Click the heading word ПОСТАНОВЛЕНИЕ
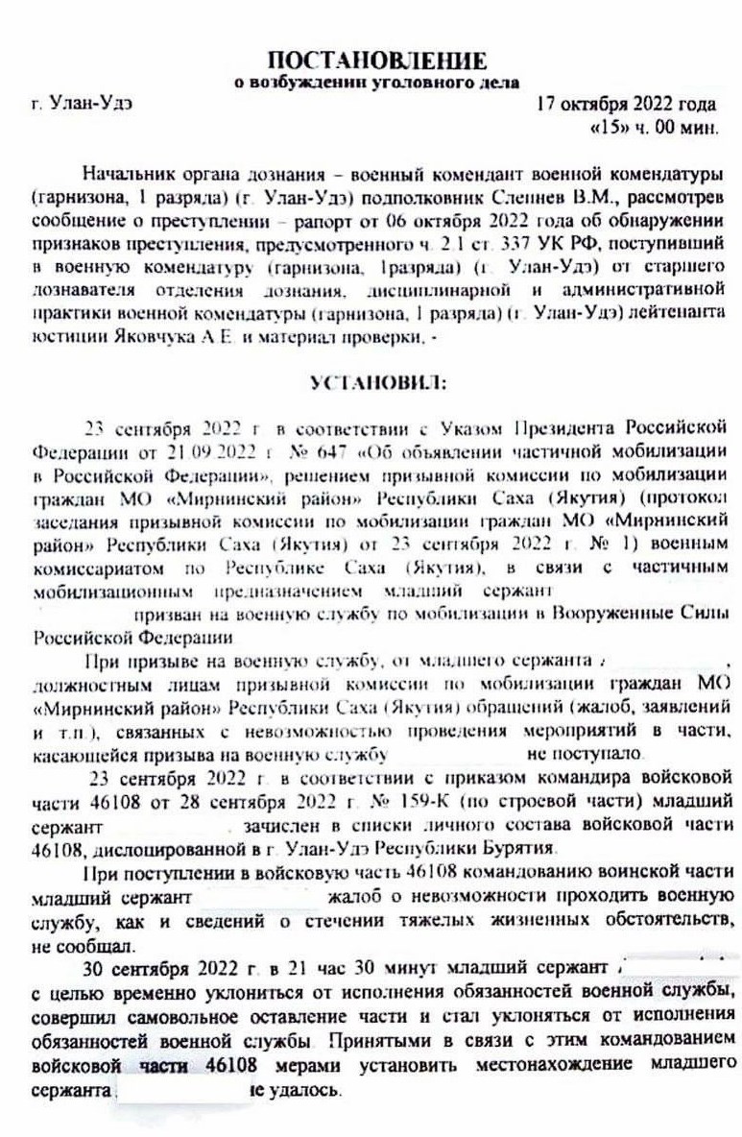pyautogui.click(x=376, y=61)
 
